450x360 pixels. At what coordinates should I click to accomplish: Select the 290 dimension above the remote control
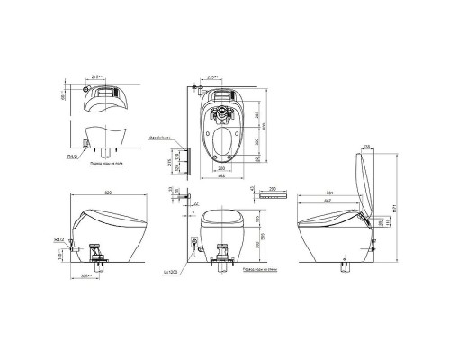(272, 188)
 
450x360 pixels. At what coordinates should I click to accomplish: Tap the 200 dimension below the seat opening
(220, 168)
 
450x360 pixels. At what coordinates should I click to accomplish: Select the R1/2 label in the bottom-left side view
(59, 239)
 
